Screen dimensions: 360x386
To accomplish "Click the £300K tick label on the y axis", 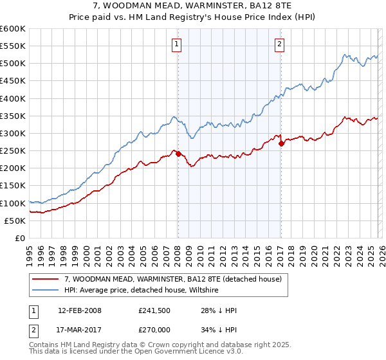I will (13, 133).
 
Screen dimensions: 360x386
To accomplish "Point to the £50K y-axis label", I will (15, 221).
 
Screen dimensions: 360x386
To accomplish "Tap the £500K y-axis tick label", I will (13, 64).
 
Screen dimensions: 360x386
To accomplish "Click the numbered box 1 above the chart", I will (176, 44).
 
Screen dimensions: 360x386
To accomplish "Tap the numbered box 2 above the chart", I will (280, 44).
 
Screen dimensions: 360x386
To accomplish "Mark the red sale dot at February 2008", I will (178, 154).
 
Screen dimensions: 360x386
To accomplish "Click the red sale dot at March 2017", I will (281, 144).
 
